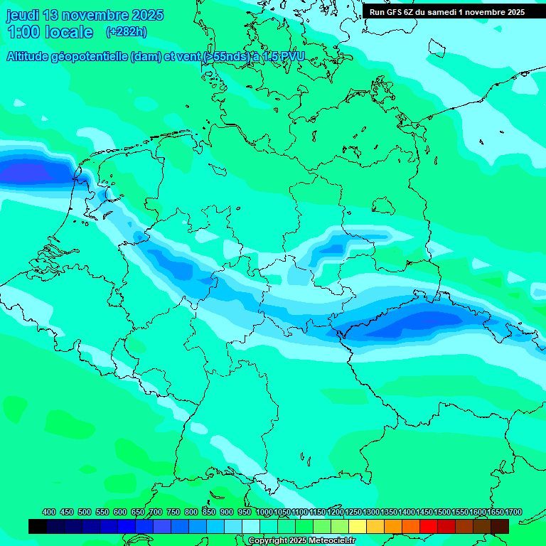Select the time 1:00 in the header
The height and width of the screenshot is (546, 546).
(21, 32)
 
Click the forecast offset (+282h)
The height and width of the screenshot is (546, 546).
(126, 32)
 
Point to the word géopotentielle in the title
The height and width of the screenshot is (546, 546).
(89, 57)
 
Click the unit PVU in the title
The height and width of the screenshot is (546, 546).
(291, 57)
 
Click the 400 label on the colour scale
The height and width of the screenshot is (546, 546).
(49, 512)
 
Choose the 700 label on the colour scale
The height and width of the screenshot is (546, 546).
(156, 512)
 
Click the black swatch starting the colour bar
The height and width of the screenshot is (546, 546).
(38, 526)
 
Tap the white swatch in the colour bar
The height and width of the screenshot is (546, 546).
(251, 526)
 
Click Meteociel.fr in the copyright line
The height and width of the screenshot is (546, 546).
(327, 541)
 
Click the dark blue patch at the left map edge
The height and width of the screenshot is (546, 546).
(28, 172)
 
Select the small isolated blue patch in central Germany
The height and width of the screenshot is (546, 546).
(331, 249)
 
